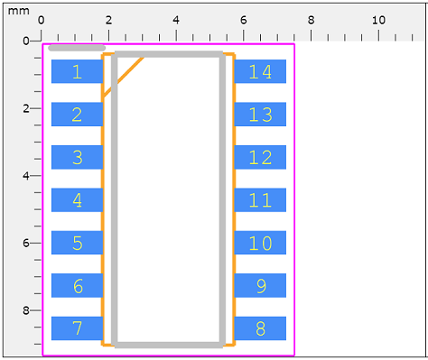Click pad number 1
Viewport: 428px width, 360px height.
(x=77, y=71)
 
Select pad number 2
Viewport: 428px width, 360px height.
(x=77, y=115)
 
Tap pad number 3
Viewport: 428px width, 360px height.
(x=77, y=157)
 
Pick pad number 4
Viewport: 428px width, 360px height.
(x=77, y=200)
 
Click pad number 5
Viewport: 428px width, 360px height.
(x=77, y=243)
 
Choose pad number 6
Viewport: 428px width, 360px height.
(x=77, y=286)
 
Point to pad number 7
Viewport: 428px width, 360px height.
(x=77, y=328)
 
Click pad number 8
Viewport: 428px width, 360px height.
(x=260, y=328)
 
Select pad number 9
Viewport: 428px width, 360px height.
(x=260, y=286)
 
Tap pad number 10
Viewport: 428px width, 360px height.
(x=260, y=243)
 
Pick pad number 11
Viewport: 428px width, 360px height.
(x=260, y=200)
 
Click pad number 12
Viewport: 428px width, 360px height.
(x=260, y=157)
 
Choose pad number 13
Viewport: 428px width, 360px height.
(x=260, y=115)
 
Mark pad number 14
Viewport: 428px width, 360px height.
(x=260, y=71)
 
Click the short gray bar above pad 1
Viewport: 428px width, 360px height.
(x=77, y=48)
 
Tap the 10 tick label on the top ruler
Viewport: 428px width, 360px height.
(x=378, y=20)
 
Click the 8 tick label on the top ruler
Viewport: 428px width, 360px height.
(x=311, y=20)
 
